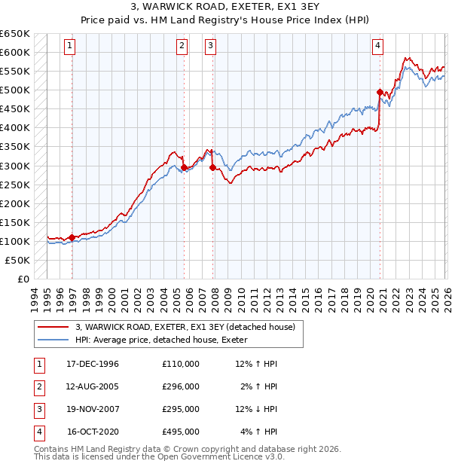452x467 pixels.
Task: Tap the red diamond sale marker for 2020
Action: click(x=380, y=92)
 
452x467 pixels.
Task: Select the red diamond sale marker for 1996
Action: click(x=72, y=237)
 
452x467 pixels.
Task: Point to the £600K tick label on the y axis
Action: click(x=15, y=53)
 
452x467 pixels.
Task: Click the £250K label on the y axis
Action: click(x=15, y=185)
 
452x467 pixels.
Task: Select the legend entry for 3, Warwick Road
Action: click(x=190, y=326)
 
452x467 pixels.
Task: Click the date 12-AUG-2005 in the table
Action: click(x=93, y=386)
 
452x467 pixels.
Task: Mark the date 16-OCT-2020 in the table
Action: click(x=93, y=432)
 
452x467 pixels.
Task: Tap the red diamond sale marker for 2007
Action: click(x=212, y=167)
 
